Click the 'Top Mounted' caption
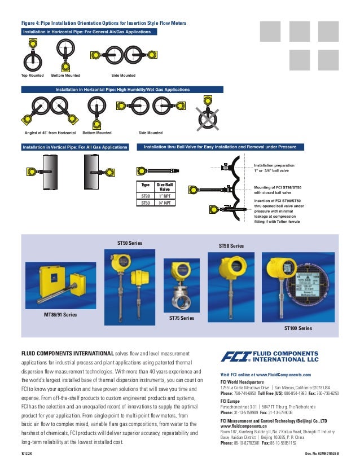32,75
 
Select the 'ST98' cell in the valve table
146,196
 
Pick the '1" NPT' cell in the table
165,196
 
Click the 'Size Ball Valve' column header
165,187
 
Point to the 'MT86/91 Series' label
60,313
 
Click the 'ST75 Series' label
181,318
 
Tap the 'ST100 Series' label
297,328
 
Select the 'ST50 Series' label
130,243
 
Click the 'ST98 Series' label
231,246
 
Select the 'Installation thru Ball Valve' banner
220,147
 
